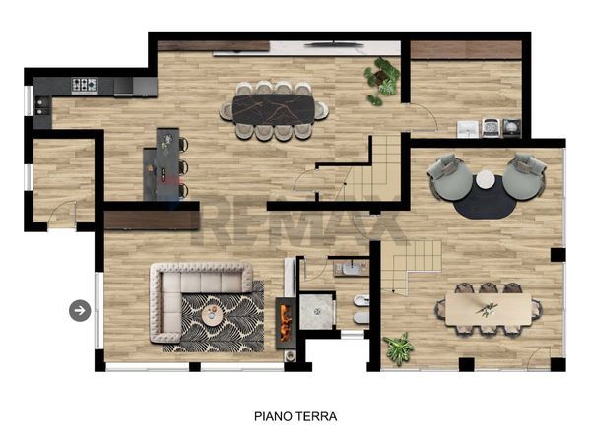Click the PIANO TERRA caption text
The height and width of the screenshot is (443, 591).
(x=295, y=416)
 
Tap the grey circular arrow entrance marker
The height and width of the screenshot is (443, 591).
(x=80, y=311)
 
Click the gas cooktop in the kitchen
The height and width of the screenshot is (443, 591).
(x=85, y=86)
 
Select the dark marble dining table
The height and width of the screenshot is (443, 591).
(x=274, y=109)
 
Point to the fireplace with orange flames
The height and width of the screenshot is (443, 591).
(x=286, y=323)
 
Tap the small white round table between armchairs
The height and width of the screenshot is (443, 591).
(x=486, y=180)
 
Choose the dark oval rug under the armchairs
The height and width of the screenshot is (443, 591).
(x=486, y=199)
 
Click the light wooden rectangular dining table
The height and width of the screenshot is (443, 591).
(x=489, y=309)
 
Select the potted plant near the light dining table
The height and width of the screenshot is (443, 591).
(x=398, y=348)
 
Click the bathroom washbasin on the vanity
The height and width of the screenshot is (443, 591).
(x=352, y=269)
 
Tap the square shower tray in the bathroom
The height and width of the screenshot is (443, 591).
(x=316, y=312)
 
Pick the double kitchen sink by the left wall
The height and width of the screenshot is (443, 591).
(x=41, y=106)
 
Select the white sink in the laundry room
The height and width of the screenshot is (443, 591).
(x=468, y=129)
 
